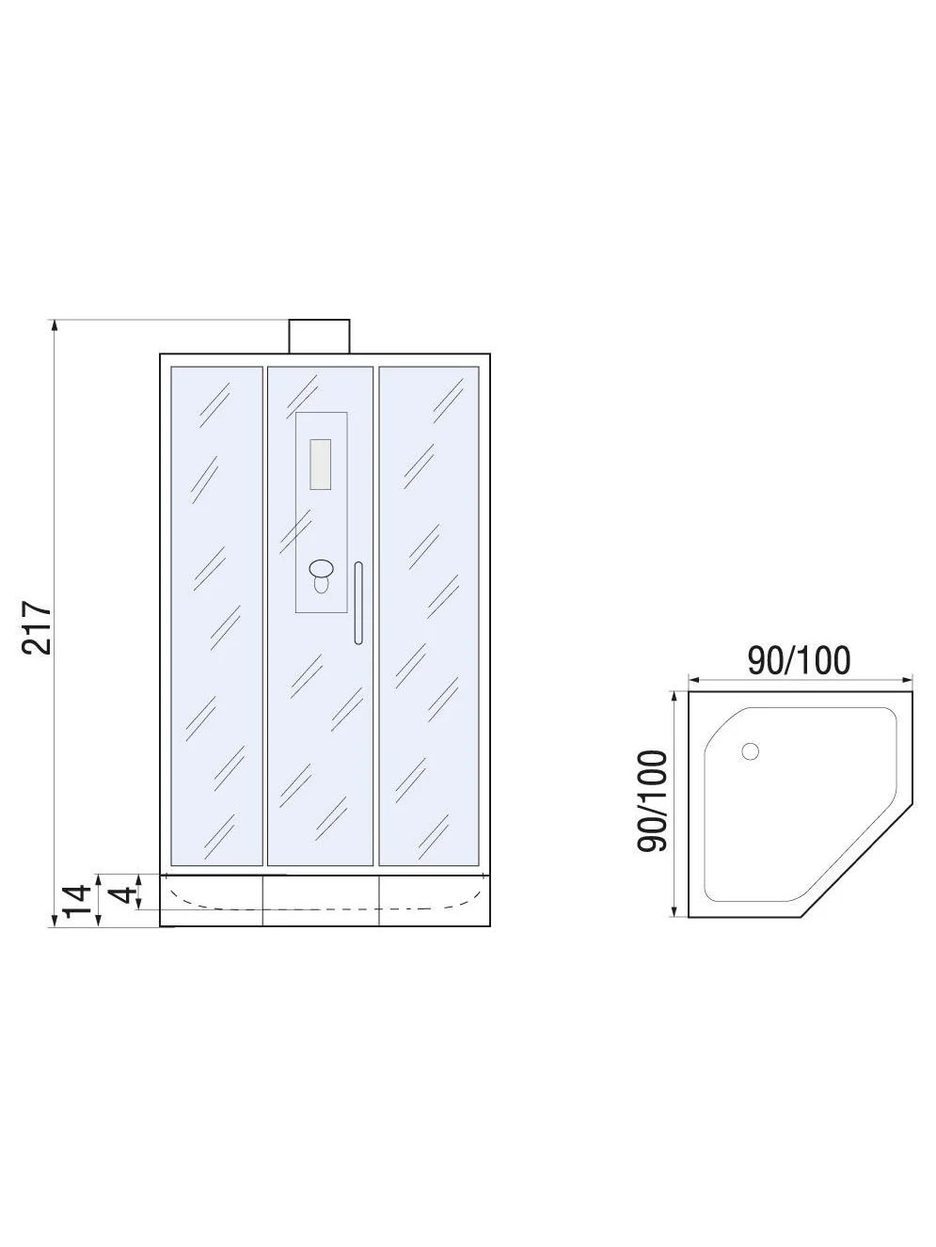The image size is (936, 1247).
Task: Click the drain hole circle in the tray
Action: coord(750,751)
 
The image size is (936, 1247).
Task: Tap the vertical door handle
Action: coord(358,603)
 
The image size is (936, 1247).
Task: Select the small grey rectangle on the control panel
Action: coord(320,465)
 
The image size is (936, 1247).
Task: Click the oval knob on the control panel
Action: coord(321,568)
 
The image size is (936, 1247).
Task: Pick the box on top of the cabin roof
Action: coord(320,337)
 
